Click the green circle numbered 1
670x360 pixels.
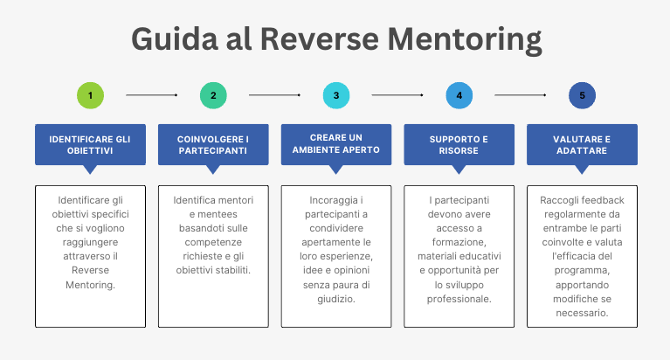tap(90, 95)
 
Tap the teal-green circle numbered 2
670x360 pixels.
tap(213, 95)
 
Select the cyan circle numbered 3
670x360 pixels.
tap(336, 95)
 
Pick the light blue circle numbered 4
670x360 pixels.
tap(459, 95)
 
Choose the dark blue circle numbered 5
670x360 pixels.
tap(582, 95)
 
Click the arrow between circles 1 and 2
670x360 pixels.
tap(152, 95)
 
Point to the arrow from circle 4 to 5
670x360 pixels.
tap(521, 95)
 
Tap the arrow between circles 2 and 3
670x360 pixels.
tap(275, 95)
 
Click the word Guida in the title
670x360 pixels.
tap(175, 39)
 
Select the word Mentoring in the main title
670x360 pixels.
tap(465, 40)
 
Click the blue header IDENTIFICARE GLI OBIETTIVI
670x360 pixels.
tap(90, 145)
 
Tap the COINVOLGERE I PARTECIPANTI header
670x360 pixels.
tap(213, 145)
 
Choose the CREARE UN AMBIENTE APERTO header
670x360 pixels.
tap(336, 144)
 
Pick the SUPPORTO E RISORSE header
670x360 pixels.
tap(459, 145)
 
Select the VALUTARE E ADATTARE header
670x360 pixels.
tap(582, 145)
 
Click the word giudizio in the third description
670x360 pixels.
tap(336, 300)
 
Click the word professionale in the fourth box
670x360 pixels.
tap(459, 300)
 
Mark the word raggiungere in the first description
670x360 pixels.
tap(90, 243)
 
